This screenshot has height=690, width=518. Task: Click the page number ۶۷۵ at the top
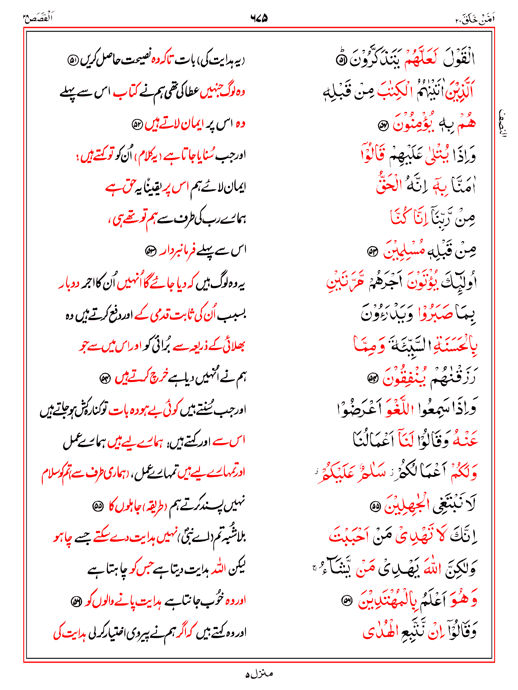(259, 18)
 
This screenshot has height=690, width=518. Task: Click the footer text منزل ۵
(259, 674)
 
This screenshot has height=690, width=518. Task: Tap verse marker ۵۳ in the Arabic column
(372, 252)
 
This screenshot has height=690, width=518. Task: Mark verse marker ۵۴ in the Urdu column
(105, 379)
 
